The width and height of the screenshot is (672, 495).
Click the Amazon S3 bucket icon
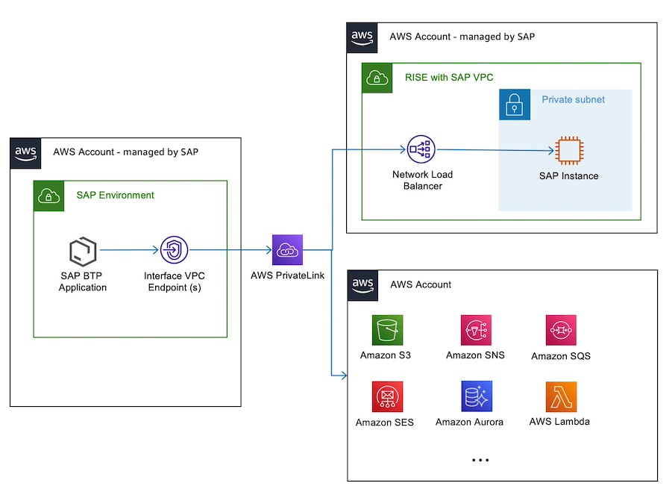tap(388, 330)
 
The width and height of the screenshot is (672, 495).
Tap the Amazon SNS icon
tap(476, 330)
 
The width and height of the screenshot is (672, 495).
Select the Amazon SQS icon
tap(561, 330)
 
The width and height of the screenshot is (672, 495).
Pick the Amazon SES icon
tap(388, 397)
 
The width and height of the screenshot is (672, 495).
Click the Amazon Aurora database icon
tap(476, 397)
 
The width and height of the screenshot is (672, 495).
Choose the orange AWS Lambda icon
tap(561, 397)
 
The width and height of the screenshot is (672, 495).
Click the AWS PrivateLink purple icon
tap(288, 250)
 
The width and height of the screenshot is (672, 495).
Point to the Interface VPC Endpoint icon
tap(174, 251)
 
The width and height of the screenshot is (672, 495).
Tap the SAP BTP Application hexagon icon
tap(83, 252)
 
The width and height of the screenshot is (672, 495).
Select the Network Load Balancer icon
tap(421, 150)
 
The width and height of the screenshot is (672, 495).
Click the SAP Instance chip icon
tap(568, 151)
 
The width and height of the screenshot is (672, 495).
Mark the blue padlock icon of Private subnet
tap(515, 105)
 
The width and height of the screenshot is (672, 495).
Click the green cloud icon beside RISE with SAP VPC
tap(377, 78)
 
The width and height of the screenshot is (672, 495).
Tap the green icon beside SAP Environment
tap(48, 196)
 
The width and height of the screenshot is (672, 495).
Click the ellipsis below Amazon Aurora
tap(480, 461)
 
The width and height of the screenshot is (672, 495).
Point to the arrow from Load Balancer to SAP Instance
tap(496, 151)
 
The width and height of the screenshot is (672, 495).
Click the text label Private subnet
tap(573, 99)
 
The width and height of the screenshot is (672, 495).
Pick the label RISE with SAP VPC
tap(449, 77)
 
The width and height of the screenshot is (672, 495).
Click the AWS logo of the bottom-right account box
tap(362, 284)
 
